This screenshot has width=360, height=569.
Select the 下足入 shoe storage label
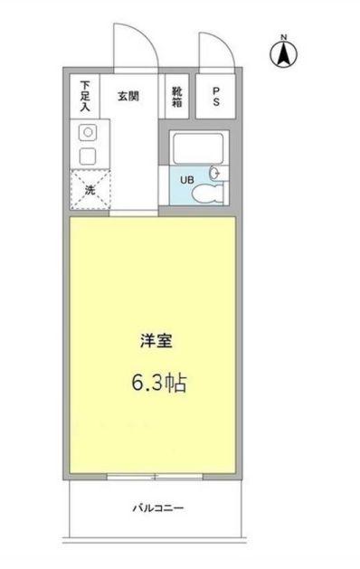click(85, 94)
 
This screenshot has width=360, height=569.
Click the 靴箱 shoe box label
click(177, 95)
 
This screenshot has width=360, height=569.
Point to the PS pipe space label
click(217, 96)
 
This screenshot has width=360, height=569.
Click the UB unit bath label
click(187, 179)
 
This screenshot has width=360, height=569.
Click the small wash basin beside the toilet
click(215, 172)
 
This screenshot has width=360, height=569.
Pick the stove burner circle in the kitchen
click(88, 132)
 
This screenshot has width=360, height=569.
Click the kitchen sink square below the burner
click(88, 156)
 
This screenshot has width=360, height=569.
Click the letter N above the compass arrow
click(283, 37)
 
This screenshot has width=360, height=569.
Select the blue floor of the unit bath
click(185, 192)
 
